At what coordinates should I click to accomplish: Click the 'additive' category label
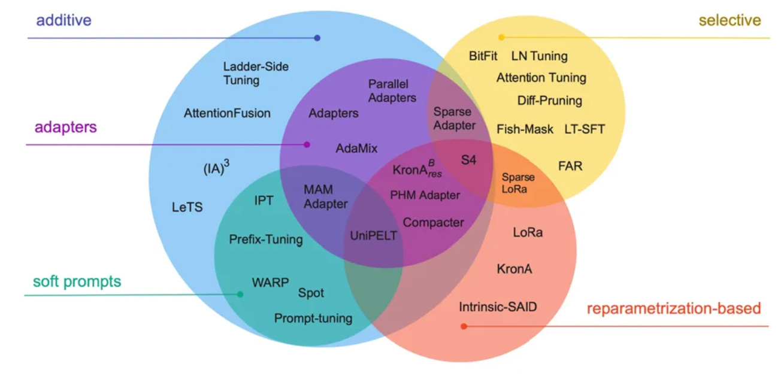[x=63, y=20]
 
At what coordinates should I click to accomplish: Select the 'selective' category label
[x=729, y=20]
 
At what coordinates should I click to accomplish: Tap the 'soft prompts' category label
[x=77, y=281]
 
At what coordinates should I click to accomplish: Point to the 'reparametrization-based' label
[x=673, y=309]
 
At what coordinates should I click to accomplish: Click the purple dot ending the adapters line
[x=307, y=144]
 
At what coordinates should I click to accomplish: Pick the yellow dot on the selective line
[x=501, y=37]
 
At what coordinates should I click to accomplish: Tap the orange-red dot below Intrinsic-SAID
[x=464, y=326]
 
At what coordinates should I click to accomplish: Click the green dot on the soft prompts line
[x=240, y=294]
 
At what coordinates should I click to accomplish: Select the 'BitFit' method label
[x=483, y=56]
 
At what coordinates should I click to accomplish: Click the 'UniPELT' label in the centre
[x=373, y=235]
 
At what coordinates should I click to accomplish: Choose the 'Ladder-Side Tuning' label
[x=256, y=73]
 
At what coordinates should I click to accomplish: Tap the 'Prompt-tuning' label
[x=313, y=319]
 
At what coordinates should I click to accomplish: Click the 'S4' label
[x=469, y=160]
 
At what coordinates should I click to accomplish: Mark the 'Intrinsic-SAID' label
[x=498, y=307]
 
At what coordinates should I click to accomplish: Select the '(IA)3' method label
[x=216, y=169]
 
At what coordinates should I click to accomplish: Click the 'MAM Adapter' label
[x=326, y=196]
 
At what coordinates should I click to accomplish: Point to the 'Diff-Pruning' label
[x=549, y=100]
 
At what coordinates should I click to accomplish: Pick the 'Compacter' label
[x=433, y=223]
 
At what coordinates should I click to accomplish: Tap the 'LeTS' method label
[x=187, y=208]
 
